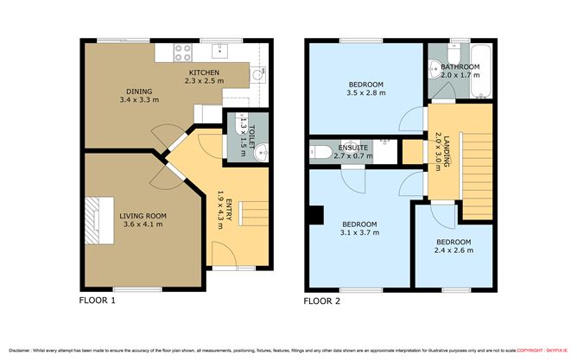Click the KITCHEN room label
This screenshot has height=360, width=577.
[x=204, y=73]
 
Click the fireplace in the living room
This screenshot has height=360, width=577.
[x=93, y=215]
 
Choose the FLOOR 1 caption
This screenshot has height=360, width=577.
[x=97, y=301]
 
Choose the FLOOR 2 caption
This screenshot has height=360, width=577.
[x=322, y=301]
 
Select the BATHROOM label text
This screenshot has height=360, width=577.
[x=460, y=66]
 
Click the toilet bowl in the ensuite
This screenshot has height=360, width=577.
[x=322, y=153]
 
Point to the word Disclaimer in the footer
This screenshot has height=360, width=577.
[x=19, y=350]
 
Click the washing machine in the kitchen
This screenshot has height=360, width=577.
[x=256, y=76]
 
